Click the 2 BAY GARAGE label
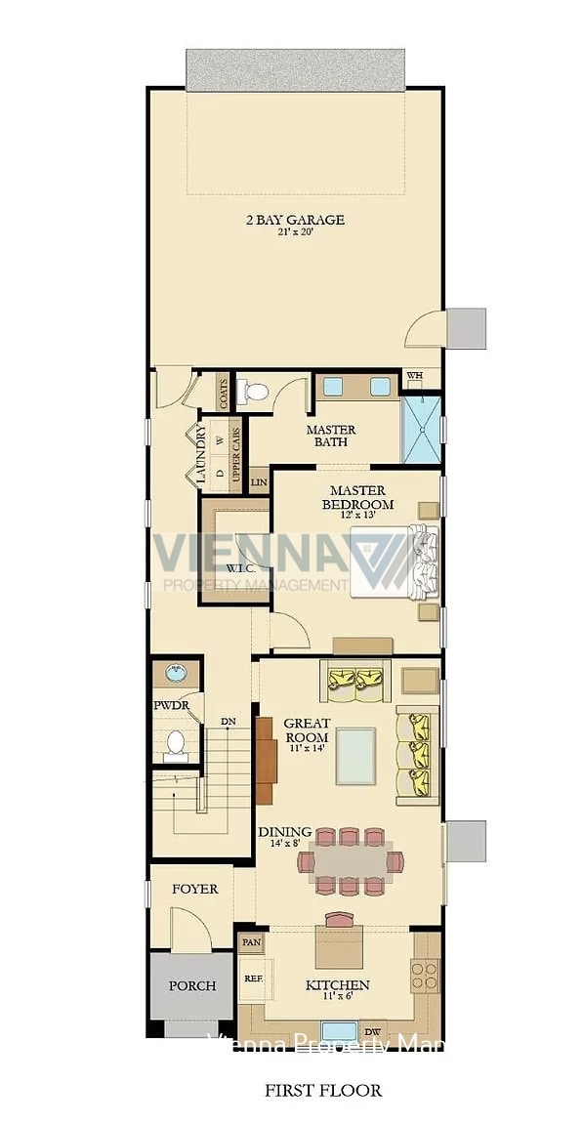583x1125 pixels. pos(294,220)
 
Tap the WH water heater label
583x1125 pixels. pos(414,376)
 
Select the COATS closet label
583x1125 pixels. pos(224,394)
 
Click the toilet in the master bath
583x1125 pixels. pos(256,393)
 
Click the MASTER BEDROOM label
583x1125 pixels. pos(357,497)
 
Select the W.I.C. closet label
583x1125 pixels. pos(240,567)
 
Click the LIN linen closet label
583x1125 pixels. pos(259,481)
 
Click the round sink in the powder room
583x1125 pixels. pos(176,673)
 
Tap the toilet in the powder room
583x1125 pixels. pos(176,743)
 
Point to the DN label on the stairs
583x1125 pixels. pos(228,722)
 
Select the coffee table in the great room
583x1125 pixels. pos(355,755)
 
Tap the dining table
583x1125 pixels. pos(350,861)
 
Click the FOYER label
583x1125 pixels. pos(195,890)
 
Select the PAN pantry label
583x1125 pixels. pos(251,943)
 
